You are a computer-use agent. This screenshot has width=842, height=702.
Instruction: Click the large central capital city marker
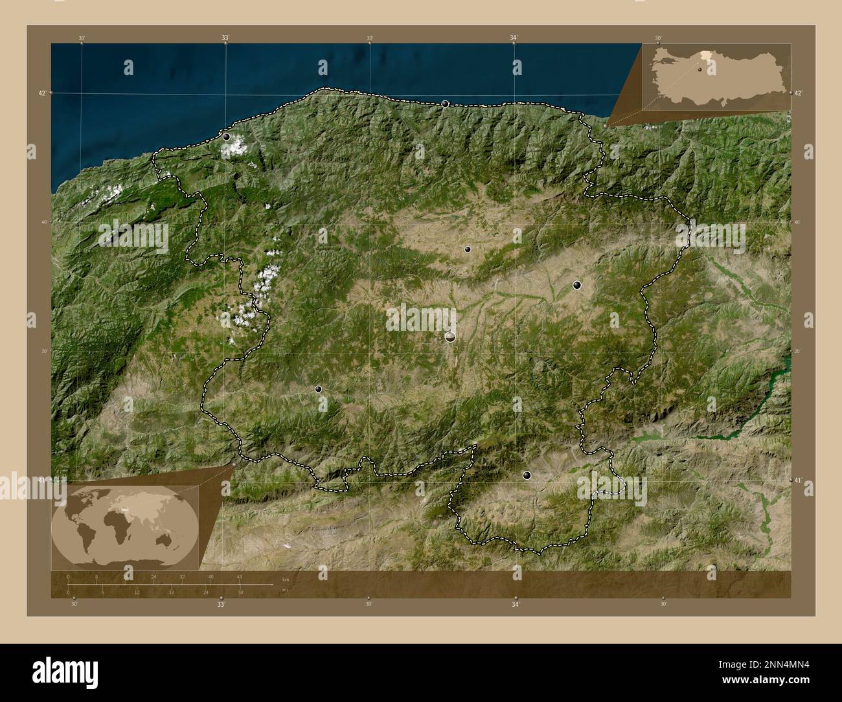[450, 337]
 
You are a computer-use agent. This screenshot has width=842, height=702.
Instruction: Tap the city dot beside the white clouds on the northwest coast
[226, 137]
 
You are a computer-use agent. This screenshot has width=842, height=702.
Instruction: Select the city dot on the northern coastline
[445, 104]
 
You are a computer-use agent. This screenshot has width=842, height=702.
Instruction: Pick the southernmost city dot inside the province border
[527, 475]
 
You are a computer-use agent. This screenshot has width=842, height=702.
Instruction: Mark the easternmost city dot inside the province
[576, 285]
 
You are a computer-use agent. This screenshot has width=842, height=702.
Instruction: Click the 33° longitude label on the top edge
[225, 38]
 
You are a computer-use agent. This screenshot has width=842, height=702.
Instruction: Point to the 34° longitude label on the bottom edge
[515, 604]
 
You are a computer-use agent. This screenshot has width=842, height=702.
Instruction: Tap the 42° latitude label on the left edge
[42, 93]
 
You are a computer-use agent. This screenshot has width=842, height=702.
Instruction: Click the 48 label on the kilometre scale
[240, 576]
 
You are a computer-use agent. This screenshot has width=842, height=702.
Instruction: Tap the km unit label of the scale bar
[286, 579]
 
